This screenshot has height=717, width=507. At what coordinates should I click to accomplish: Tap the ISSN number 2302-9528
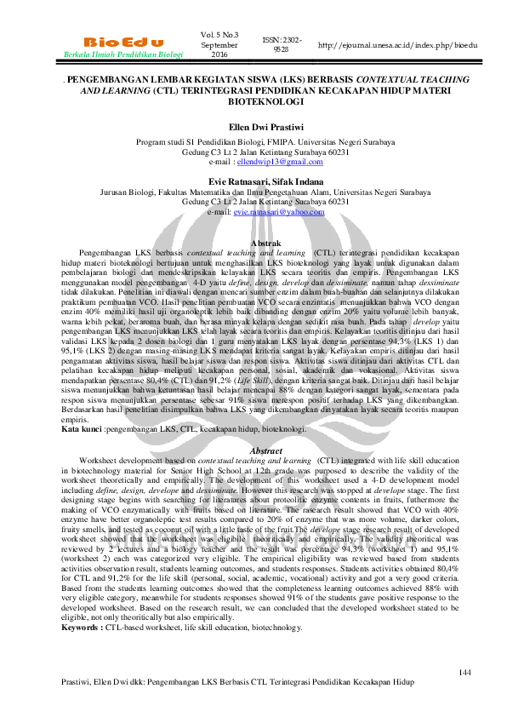point(281,44)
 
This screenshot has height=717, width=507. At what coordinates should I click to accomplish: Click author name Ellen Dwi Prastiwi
point(253,129)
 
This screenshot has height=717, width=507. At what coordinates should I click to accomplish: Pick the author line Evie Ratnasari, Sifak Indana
point(253,181)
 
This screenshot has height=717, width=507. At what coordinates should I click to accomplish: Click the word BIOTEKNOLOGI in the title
point(253,100)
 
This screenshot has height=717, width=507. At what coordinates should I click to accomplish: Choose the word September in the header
point(220,44)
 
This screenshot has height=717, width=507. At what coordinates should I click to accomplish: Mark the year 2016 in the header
point(220,54)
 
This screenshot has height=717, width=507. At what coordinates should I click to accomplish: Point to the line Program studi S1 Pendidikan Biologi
point(253,142)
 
